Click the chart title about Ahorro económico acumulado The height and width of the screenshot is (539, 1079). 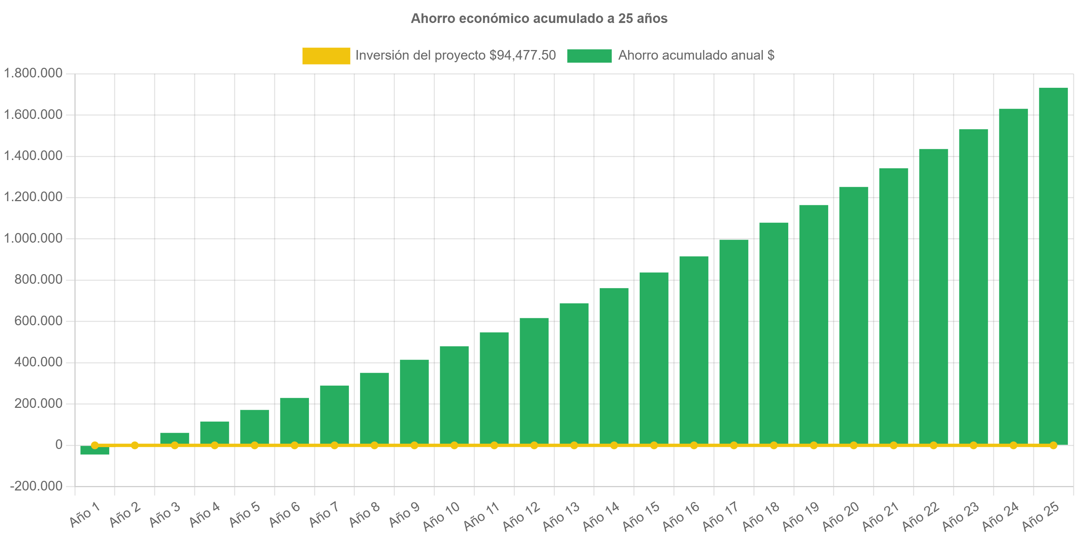click(x=539, y=19)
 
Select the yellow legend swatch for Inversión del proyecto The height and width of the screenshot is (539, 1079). click(x=326, y=56)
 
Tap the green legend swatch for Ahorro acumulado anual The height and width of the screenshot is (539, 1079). click(x=589, y=56)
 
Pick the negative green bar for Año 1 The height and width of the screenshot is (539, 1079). click(x=95, y=450)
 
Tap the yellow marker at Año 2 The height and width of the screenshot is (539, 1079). click(x=134, y=445)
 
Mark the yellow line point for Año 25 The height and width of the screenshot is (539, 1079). click(x=1053, y=445)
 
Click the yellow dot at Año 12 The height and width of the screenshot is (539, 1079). click(x=534, y=445)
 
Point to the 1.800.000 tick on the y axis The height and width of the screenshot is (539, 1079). click(x=33, y=73)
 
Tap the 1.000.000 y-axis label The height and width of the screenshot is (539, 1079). click(x=33, y=238)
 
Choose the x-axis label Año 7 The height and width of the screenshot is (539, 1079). click(x=324, y=514)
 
